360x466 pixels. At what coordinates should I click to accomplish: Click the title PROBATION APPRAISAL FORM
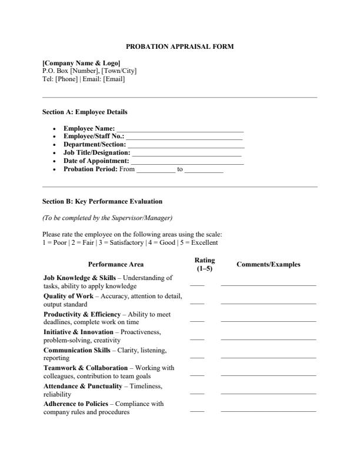coord(180,46)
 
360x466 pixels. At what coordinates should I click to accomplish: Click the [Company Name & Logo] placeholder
coord(81,63)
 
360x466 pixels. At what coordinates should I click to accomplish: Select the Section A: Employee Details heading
coord(85,112)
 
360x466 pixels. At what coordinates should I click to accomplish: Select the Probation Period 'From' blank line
coord(156,171)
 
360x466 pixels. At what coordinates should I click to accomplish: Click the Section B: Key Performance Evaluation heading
coord(102,202)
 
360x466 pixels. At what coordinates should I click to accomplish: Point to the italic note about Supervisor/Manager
coord(107,218)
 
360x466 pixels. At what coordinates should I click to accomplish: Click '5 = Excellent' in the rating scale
coord(200,242)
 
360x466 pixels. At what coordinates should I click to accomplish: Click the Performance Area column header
coord(115,265)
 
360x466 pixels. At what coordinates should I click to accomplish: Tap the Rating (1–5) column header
coord(204,264)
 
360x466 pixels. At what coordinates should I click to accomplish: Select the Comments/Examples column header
coord(268,265)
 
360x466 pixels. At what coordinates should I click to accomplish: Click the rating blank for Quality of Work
coord(197,303)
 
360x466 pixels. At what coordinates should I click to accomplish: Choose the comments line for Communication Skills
coord(268,357)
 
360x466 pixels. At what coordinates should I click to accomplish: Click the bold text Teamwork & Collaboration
coord(85,368)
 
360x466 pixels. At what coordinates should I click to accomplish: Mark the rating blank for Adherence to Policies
coord(197,411)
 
